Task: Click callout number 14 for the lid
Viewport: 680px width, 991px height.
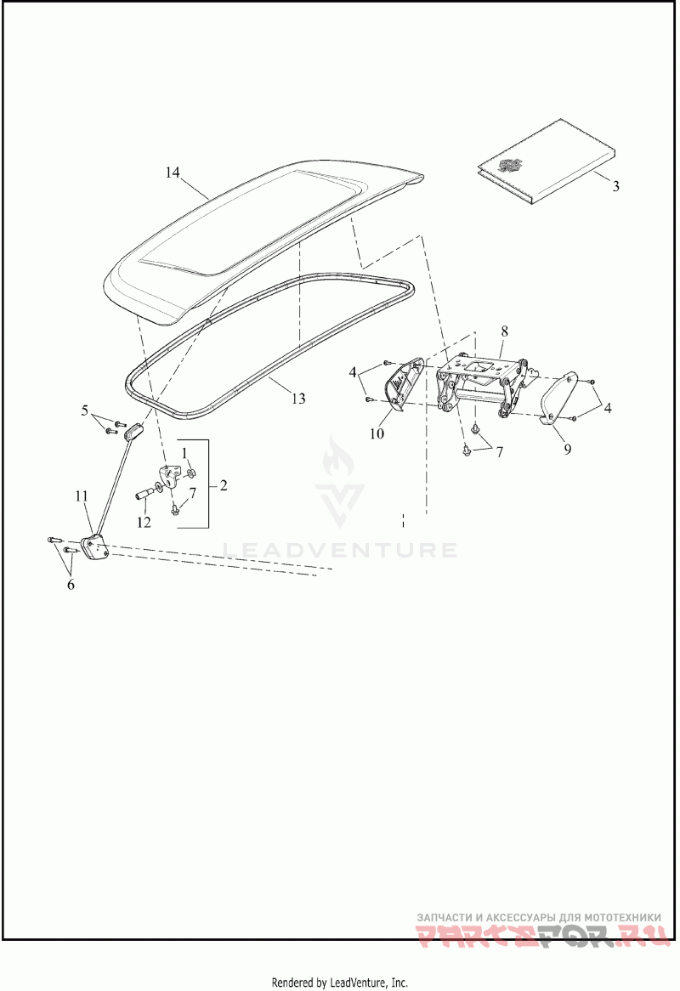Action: tap(173, 173)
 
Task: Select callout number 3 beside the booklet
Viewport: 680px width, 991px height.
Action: tap(615, 184)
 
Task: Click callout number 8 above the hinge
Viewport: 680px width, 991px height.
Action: tap(504, 330)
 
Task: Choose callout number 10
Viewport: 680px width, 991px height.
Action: tap(377, 433)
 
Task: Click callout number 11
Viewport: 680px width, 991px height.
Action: tap(81, 495)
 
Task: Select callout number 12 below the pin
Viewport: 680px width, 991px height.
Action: tap(144, 522)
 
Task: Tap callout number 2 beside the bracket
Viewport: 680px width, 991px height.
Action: tap(223, 486)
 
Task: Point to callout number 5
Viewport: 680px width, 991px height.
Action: tap(85, 411)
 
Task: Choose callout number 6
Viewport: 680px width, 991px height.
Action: tap(71, 585)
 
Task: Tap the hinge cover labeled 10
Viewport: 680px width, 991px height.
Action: tap(399, 384)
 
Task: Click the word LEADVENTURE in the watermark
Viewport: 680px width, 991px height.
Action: tap(339, 550)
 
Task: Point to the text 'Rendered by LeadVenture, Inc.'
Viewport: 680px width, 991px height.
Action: tap(339, 983)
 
